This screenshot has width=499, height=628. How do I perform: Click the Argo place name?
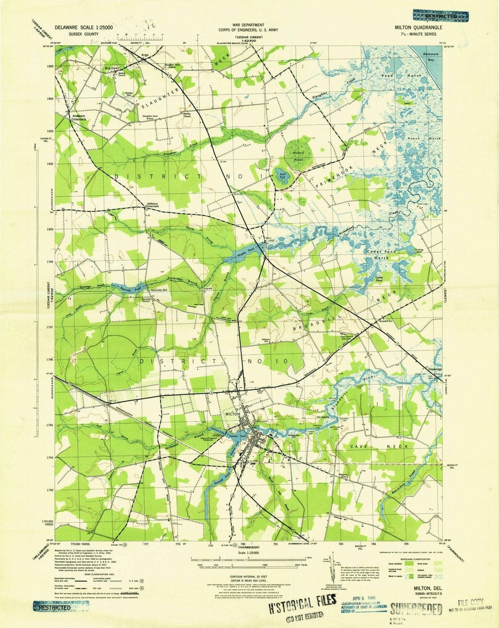(x=145, y=55)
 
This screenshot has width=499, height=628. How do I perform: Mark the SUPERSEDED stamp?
(x=416, y=608)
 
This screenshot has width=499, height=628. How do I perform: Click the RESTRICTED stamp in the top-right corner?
(x=441, y=16)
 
